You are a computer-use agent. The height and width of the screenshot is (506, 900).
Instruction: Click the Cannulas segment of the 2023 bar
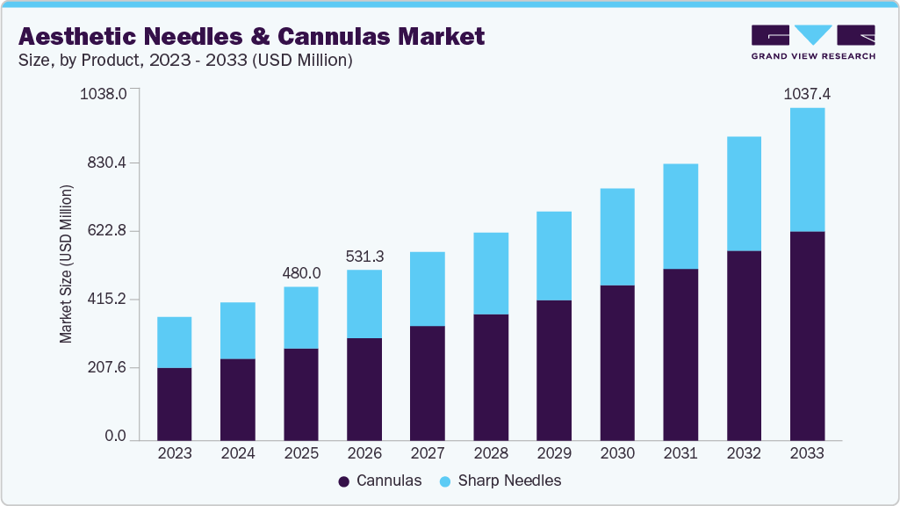[174, 403]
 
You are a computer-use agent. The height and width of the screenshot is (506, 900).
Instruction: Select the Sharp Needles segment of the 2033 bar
[807, 170]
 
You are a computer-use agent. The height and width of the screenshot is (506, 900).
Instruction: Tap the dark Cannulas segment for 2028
[490, 377]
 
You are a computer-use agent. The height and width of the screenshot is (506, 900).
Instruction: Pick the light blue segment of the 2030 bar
[616, 236]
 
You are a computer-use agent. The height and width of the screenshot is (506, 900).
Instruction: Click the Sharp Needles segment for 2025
[300, 317]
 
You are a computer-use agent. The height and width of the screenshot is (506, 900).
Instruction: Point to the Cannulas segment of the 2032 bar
[744, 345]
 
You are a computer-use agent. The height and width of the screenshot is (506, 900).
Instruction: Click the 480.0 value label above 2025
[301, 273]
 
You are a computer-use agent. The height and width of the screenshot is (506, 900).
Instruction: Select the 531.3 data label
[364, 256]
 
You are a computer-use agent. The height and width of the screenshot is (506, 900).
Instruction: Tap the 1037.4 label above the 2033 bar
[807, 93]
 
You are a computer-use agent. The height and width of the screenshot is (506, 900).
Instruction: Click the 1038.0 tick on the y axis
[104, 93]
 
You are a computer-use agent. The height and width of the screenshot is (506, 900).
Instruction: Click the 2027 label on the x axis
[428, 454]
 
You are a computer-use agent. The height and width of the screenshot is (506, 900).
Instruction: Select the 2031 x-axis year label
[680, 454]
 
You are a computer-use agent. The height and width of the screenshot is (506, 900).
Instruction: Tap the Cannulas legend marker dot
[344, 481]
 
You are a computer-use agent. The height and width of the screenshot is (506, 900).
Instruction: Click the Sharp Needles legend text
[509, 481]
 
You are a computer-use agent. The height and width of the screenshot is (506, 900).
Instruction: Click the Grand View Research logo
[813, 41]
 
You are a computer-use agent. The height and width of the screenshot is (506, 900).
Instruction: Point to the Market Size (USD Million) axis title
[66, 264]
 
